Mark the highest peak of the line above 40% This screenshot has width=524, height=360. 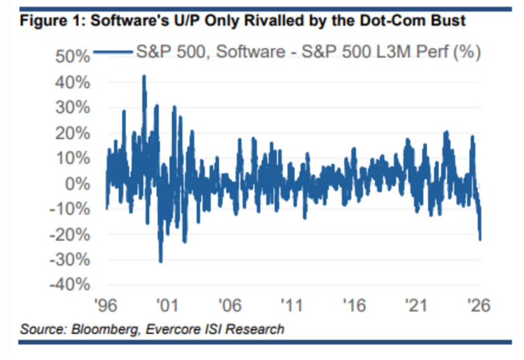point(144,76)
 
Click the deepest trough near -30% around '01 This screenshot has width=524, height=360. point(161,262)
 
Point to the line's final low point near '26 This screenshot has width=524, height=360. point(481,240)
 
